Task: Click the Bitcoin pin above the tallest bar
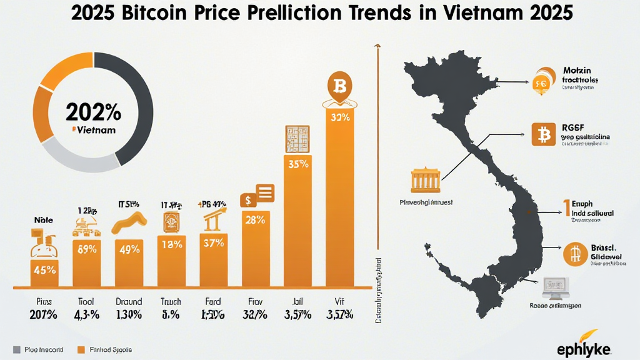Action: [x=340, y=87]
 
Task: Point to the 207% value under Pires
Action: [x=44, y=314]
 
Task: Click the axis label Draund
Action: [x=129, y=301]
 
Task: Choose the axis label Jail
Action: [x=297, y=301]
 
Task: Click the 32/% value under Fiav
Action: [x=256, y=314]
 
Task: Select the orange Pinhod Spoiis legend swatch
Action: [x=80, y=349]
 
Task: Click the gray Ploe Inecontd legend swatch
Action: [x=17, y=349]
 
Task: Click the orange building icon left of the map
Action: [x=425, y=180]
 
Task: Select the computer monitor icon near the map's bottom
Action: [x=554, y=287]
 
